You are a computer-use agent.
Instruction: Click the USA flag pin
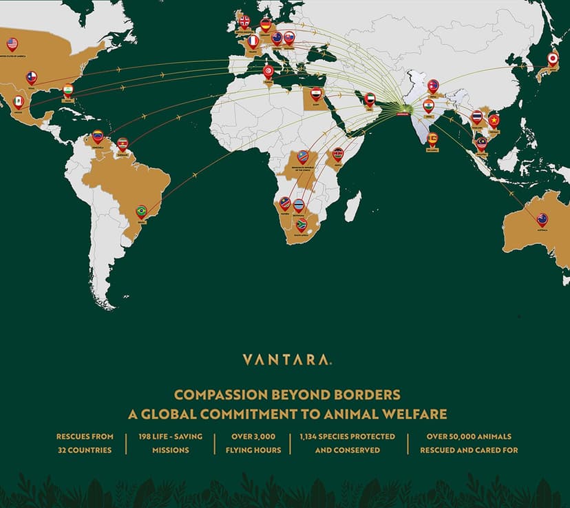point(12,44)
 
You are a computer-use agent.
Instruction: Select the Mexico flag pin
point(19,101)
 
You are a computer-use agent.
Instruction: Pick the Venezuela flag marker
point(98,135)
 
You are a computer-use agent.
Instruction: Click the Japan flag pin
point(552,59)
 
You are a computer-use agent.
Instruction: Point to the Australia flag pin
point(542,219)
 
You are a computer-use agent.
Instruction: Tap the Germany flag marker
point(265,25)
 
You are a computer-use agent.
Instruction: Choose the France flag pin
point(253,41)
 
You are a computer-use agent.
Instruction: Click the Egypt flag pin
point(316,94)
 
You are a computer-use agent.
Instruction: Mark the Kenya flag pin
point(337,154)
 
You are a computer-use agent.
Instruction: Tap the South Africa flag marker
point(301,225)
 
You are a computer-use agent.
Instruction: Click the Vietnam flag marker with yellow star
point(493,121)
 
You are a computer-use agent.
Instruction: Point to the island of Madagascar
point(352,206)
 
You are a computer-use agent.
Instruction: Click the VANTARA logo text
point(284,359)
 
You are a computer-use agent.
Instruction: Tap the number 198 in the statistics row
point(145,436)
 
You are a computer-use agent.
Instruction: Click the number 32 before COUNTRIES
point(63,450)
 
